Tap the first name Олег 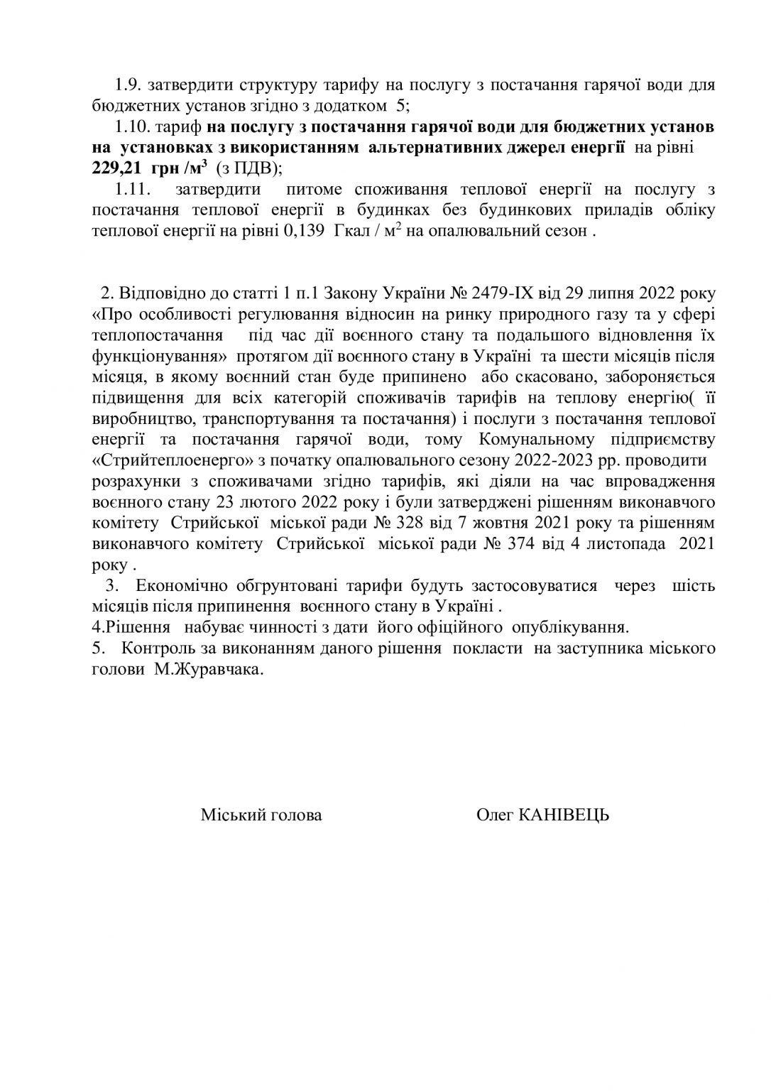[x=496, y=815]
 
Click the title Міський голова [x=261, y=815]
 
